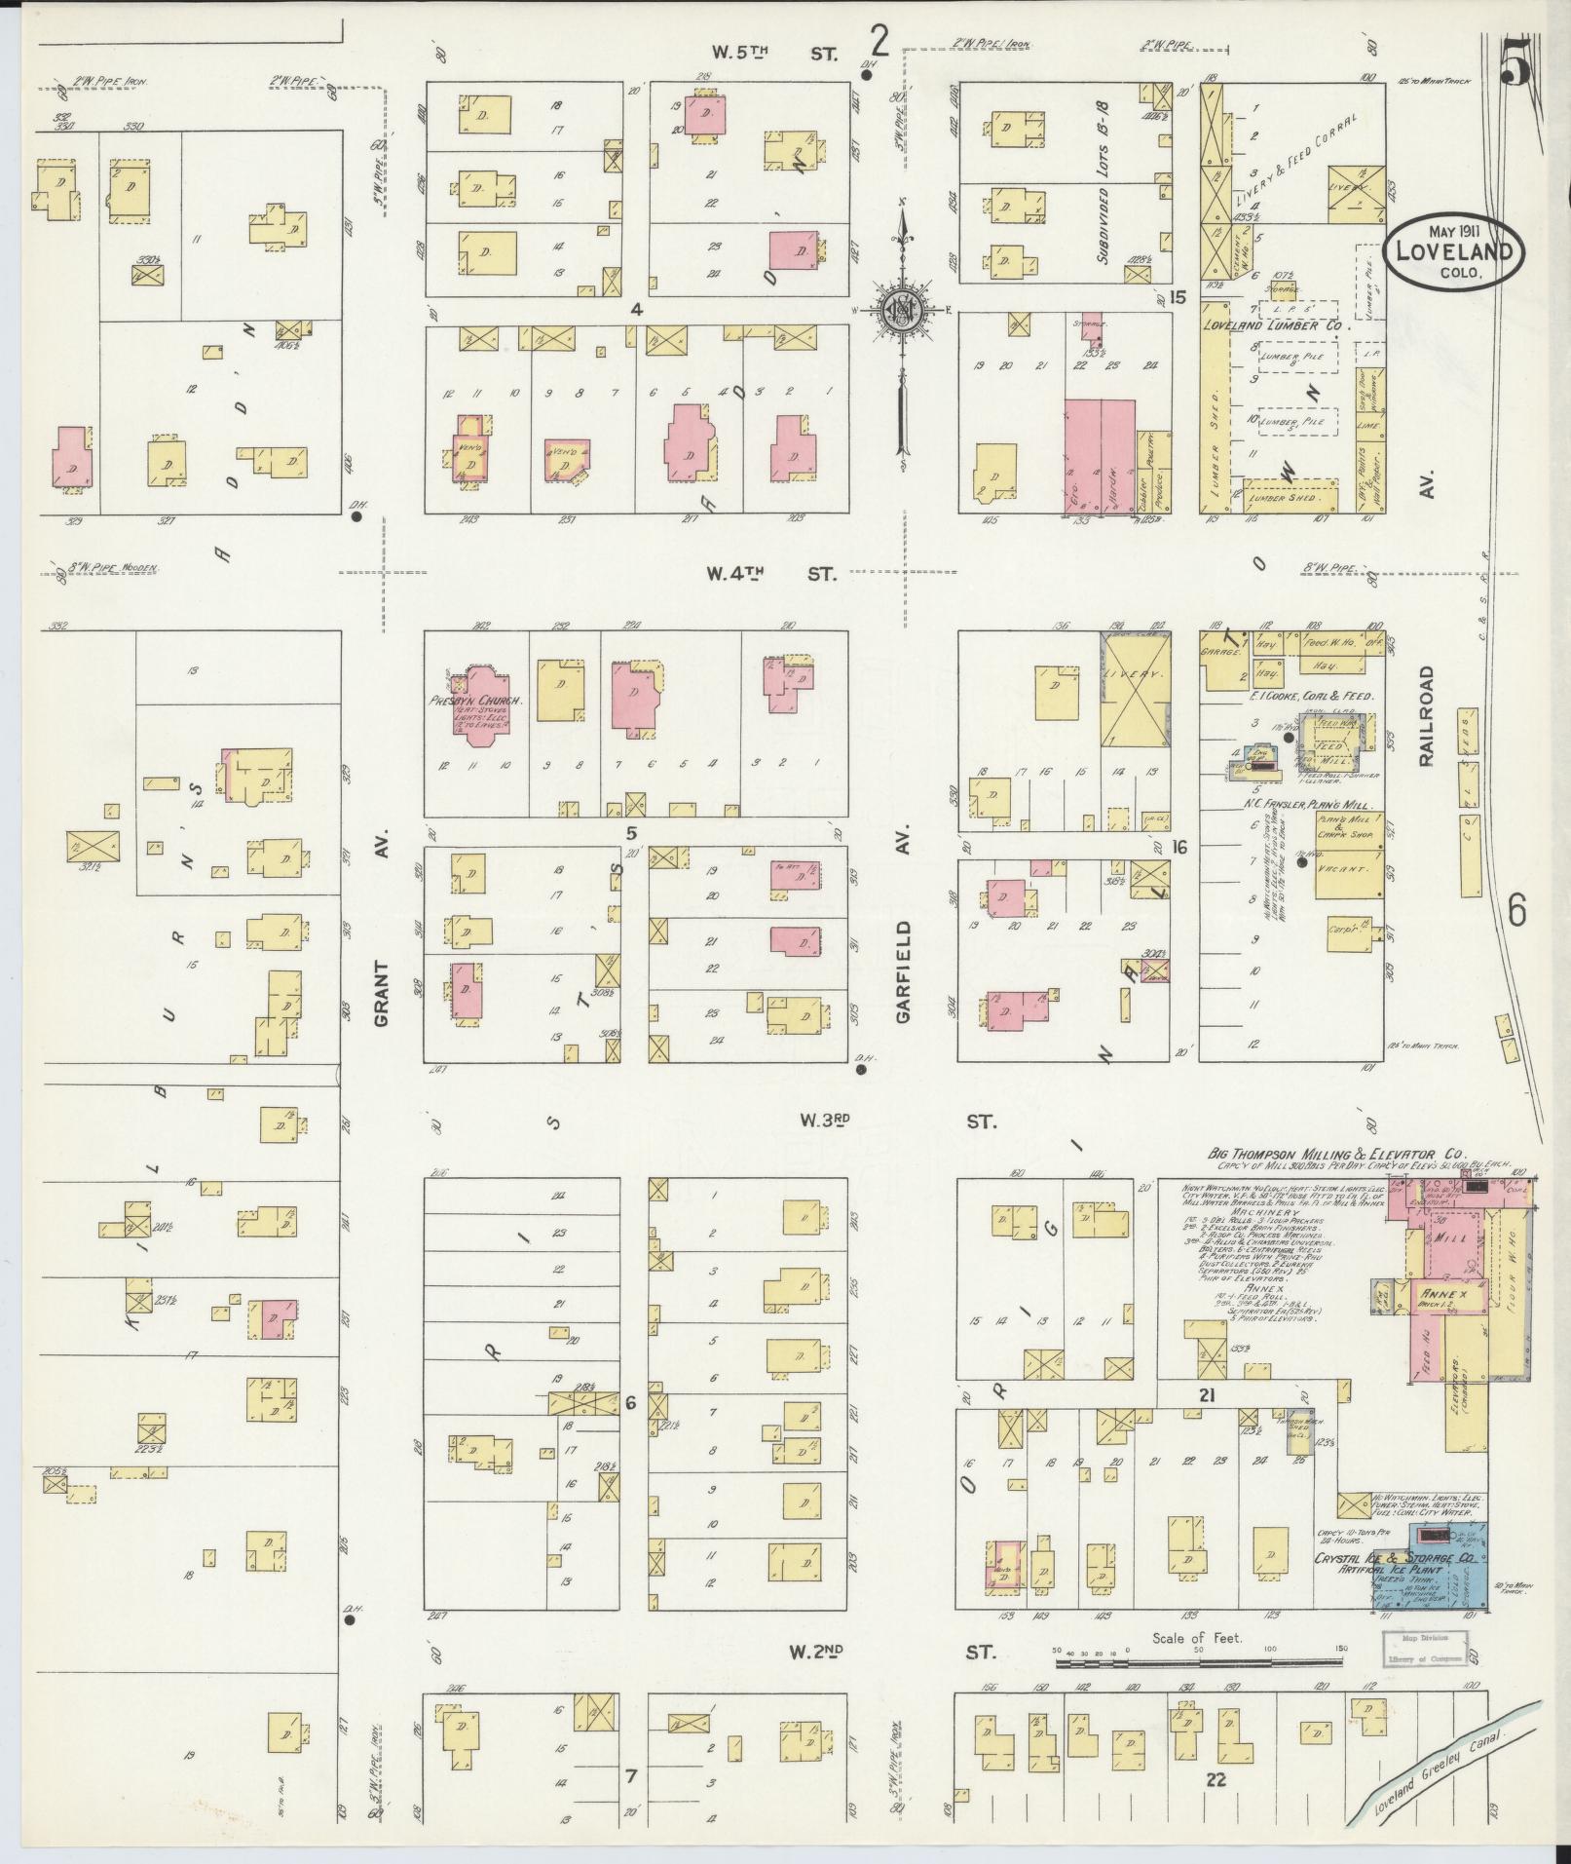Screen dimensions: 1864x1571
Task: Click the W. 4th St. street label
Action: click(769, 574)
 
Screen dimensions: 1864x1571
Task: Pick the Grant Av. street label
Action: click(381, 993)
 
